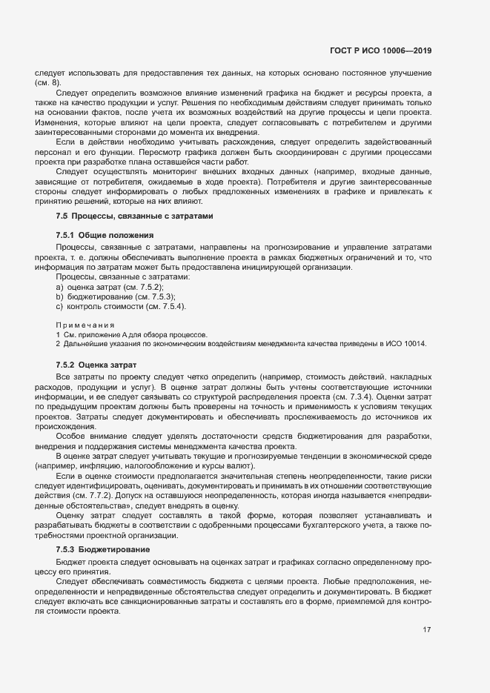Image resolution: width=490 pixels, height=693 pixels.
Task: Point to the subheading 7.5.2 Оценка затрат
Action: [96, 366]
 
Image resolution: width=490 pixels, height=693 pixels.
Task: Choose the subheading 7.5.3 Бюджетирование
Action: [103, 549]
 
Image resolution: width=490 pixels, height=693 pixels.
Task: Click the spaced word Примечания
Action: [85, 325]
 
